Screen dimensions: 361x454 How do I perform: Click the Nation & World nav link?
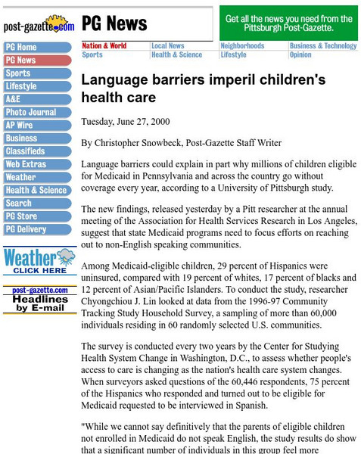click(x=104, y=46)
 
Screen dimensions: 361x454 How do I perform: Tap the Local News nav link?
click(x=167, y=46)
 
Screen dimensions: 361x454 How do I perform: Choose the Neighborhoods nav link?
click(x=242, y=46)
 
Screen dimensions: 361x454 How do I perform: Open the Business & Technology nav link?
click(x=322, y=46)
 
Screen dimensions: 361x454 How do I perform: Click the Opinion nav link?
click(x=300, y=55)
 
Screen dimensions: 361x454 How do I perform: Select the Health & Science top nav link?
click(x=176, y=55)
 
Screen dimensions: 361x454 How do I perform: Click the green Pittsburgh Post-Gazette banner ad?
click(x=288, y=23)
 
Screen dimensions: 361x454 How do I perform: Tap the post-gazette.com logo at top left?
click(x=39, y=25)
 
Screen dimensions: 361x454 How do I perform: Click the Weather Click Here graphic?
click(x=39, y=261)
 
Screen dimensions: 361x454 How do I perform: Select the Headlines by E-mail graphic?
click(x=39, y=300)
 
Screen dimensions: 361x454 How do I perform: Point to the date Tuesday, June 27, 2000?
click(x=125, y=122)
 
